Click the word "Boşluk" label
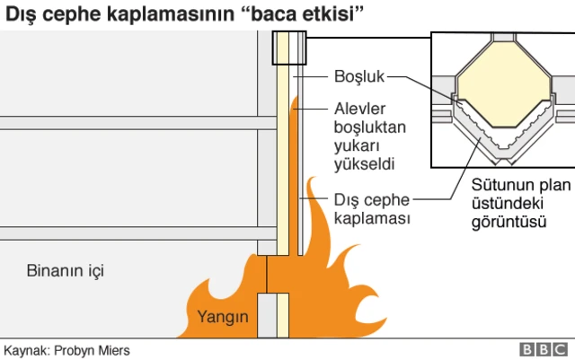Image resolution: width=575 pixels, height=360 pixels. coord(359,76)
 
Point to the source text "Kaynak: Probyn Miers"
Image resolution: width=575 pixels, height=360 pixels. coord(66,350)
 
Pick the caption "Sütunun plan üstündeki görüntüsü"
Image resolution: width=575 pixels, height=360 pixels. coord(521,203)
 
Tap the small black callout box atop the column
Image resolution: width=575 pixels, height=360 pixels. coord(288,48)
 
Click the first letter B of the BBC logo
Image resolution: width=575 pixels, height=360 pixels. coord(526,349)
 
